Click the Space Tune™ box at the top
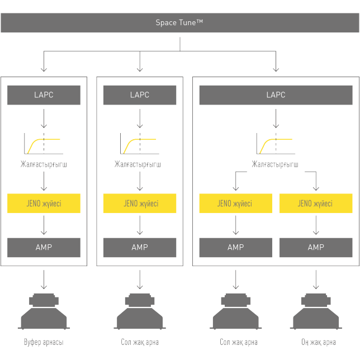click(x=179, y=23)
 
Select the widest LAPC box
click(x=276, y=95)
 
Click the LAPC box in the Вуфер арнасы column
click(x=44, y=95)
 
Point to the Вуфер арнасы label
click(x=44, y=342)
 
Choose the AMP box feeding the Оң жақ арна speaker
click(x=315, y=247)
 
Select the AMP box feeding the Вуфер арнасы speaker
click(x=44, y=247)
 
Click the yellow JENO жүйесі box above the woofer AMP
click(x=44, y=203)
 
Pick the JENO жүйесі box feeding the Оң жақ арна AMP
click(x=315, y=203)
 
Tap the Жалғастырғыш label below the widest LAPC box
click(x=275, y=164)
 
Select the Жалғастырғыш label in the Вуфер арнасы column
click(x=44, y=164)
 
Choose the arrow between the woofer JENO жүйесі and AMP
click(x=44, y=225)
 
